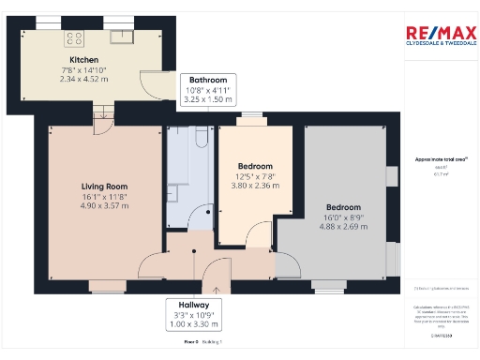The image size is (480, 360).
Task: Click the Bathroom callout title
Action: click(x=205, y=81)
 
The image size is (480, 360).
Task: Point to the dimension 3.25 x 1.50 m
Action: click(x=207, y=99)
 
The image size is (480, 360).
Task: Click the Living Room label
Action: click(x=103, y=186)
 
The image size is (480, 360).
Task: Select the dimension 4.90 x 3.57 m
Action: click(x=103, y=206)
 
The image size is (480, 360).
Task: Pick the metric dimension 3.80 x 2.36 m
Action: click(x=255, y=186)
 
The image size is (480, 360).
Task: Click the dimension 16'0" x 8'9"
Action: click(x=343, y=217)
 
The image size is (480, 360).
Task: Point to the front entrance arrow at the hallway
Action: click(x=217, y=290)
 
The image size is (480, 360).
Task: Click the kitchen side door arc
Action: click(x=146, y=87)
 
